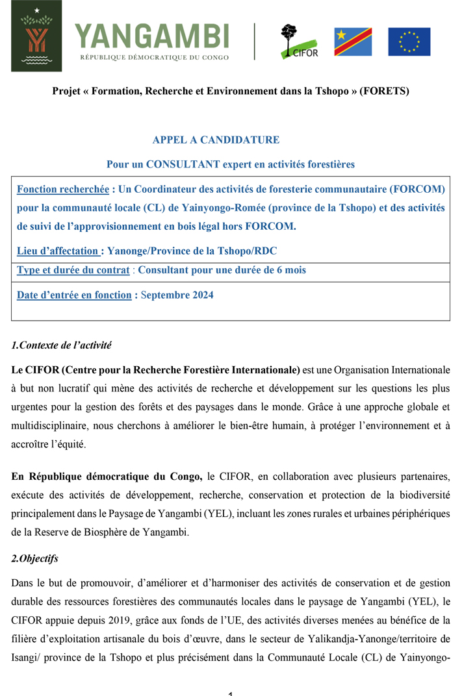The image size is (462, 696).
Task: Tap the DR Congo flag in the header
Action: (x=353, y=42)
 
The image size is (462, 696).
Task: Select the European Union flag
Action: (x=409, y=42)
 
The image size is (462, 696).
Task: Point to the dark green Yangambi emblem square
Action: (x=36, y=36)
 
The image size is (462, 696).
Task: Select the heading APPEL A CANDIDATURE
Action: (x=216, y=140)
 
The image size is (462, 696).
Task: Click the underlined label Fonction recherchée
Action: (x=63, y=190)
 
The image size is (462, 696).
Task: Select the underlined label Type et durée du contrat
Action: (x=73, y=270)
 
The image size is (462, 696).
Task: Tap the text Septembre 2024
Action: (x=177, y=295)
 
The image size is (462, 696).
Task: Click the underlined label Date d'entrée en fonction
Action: (x=74, y=295)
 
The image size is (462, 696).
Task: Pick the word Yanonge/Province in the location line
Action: (x=145, y=251)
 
